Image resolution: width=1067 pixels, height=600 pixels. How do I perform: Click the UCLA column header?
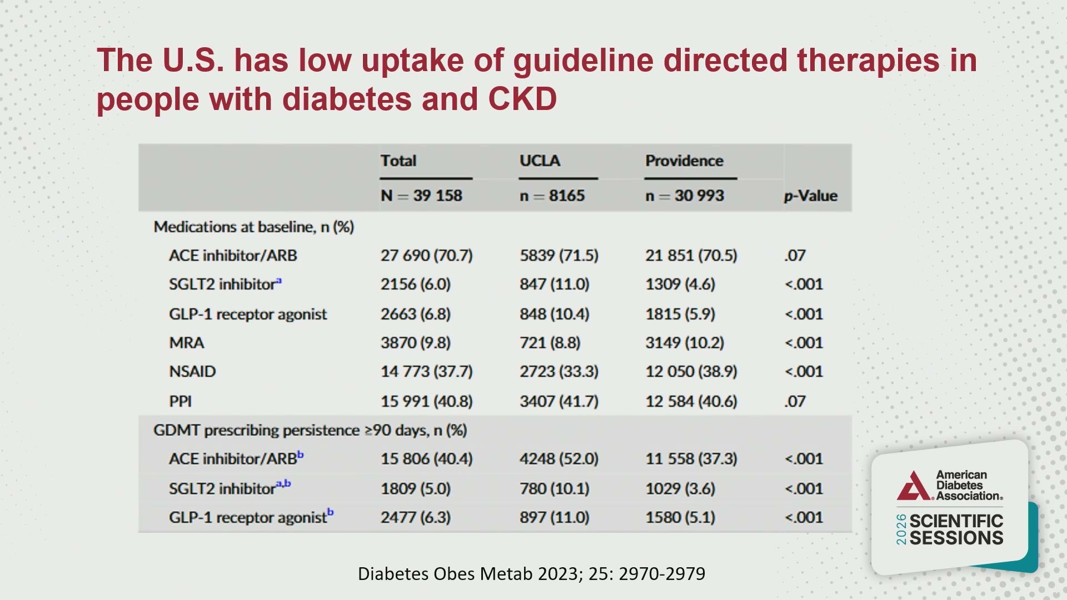pyautogui.click(x=540, y=161)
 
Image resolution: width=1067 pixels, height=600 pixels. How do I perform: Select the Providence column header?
pyautogui.click(x=684, y=161)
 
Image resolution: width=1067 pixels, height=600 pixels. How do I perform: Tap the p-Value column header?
pyautogui.click(x=810, y=196)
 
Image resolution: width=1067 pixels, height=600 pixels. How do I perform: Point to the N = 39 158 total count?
pyautogui.click(x=421, y=196)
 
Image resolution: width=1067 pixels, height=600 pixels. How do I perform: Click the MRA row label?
pyautogui.click(x=187, y=343)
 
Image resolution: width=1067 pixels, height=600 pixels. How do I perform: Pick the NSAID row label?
pyautogui.click(x=192, y=372)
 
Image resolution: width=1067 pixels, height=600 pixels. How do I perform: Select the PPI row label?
pyautogui.click(x=180, y=401)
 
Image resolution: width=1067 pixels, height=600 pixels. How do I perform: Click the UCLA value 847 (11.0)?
pyautogui.click(x=554, y=284)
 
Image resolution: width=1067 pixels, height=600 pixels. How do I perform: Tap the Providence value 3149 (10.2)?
pyautogui.click(x=685, y=343)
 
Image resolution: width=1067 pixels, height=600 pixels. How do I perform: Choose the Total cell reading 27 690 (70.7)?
pyautogui.click(x=426, y=256)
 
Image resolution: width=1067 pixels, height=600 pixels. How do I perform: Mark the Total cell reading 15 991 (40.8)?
pyautogui.click(x=426, y=401)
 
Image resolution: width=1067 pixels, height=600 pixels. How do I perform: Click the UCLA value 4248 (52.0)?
pyautogui.click(x=559, y=459)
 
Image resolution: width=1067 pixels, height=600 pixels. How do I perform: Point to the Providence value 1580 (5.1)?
pyautogui.click(x=680, y=518)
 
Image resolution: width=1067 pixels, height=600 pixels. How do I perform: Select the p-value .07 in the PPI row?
pyautogui.click(x=795, y=401)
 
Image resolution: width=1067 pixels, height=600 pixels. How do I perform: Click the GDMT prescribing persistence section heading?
pyautogui.click(x=310, y=431)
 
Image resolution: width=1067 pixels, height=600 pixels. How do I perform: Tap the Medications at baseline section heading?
pyautogui.click(x=254, y=227)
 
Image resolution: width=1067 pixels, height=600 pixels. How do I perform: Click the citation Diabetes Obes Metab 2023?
pyautogui.click(x=531, y=573)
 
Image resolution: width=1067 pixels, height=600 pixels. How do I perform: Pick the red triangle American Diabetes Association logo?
pyautogui.click(x=913, y=486)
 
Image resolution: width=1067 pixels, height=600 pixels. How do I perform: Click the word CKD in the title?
pyautogui.click(x=522, y=99)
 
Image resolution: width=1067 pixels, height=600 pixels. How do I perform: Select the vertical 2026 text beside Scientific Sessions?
pyautogui.click(x=901, y=529)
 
